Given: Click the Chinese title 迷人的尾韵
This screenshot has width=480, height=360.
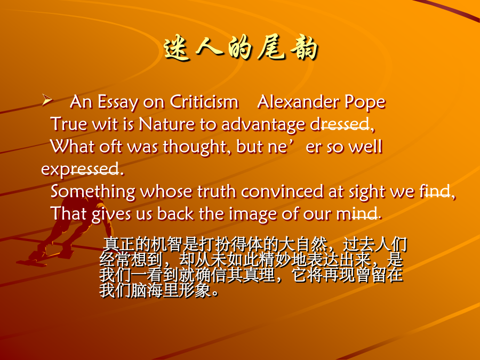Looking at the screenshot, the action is [241, 49].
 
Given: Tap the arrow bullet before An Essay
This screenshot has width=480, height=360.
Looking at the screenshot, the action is [47, 100].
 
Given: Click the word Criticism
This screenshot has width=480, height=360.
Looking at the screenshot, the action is [204, 102].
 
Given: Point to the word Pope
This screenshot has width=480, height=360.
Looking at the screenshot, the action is [365, 102].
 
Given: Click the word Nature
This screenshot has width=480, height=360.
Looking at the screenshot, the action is [166, 124].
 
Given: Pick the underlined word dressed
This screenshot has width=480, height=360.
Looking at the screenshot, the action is [340, 124].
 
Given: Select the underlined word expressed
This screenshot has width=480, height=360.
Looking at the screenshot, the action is [80, 169].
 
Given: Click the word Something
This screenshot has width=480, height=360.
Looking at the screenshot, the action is [93, 192].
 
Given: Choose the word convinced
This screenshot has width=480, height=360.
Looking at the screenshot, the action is [282, 191].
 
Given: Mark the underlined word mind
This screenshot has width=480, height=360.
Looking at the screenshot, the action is [357, 214].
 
